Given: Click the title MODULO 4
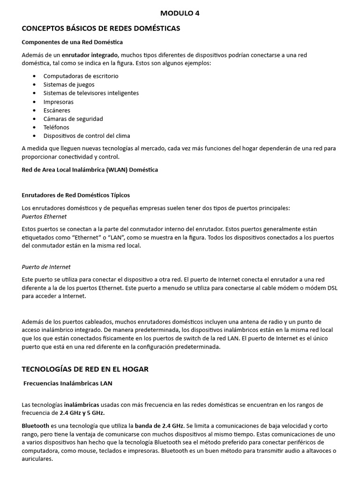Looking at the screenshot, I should click(x=180, y=13).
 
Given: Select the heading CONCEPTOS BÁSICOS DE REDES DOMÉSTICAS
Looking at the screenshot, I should click(x=101, y=29).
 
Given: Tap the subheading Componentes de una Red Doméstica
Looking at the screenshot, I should click(x=72, y=42).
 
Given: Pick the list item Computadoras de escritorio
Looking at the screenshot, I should click(x=81, y=76).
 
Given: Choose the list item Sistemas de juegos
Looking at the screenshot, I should click(x=68, y=84).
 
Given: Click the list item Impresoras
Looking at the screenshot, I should click(x=58, y=102).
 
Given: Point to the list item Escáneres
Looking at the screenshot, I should click(x=57, y=110).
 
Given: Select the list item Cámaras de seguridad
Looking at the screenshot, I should click(x=73, y=119).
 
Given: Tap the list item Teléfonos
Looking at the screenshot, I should click(x=56, y=127).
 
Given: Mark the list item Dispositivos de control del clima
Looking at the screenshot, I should click(x=87, y=136).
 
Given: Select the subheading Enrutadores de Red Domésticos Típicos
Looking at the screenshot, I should click(x=75, y=195).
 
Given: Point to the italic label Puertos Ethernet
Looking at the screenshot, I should click(x=44, y=217).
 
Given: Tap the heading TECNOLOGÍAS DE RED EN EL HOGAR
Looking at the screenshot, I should click(x=85, y=369).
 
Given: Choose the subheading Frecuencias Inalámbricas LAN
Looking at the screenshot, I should click(x=68, y=383).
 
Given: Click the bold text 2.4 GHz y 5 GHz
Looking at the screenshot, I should click(x=82, y=413).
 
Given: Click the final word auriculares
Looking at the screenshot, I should click(x=37, y=459).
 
